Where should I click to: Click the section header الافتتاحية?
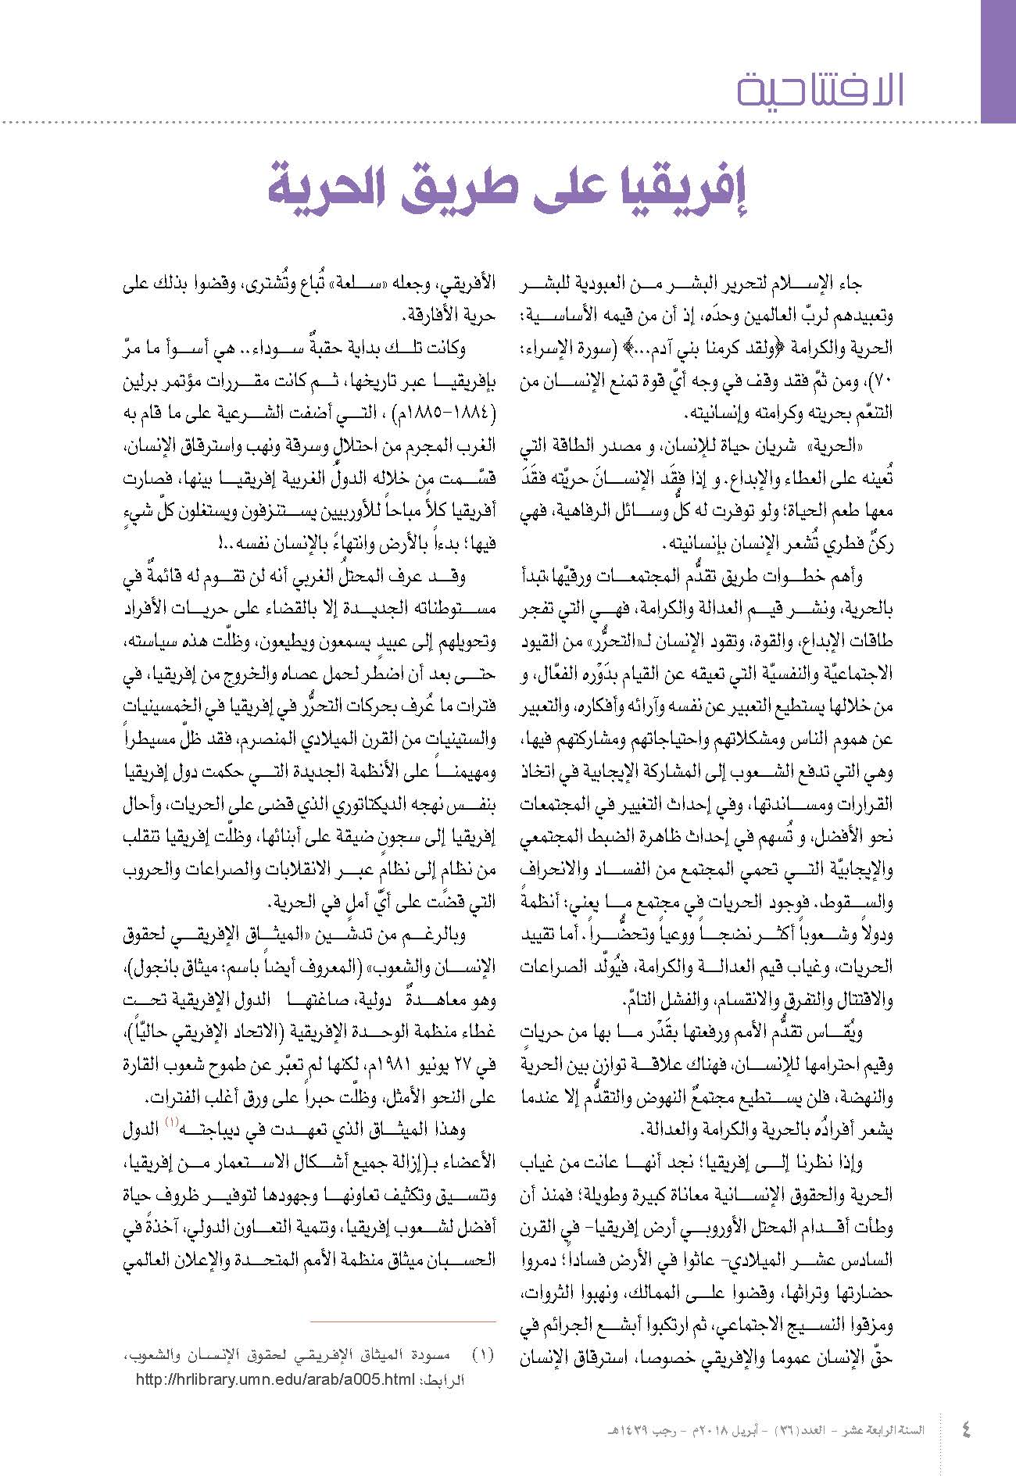(821, 90)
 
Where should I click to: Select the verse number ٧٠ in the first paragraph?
(882, 383)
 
